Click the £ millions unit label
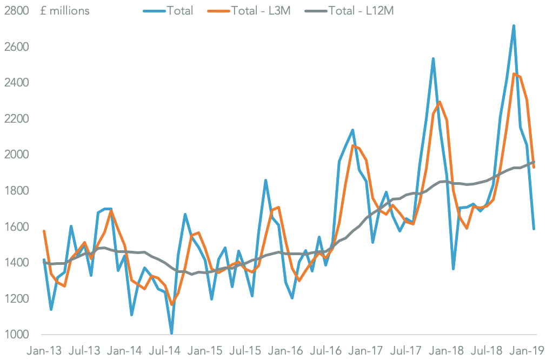click(65, 11)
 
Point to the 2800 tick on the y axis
click(16, 11)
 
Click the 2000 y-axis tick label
click(16, 155)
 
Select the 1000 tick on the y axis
click(16, 335)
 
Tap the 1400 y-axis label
click(16, 263)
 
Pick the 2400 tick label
click(16, 83)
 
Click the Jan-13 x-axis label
click(44, 350)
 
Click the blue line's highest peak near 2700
click(514, 25)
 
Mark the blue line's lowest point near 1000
click(172, 333)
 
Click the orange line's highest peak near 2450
click(514, 74)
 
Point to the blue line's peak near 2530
click(434, 58)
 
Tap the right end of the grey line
click(534, 162)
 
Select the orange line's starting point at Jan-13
click(44, 231)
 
